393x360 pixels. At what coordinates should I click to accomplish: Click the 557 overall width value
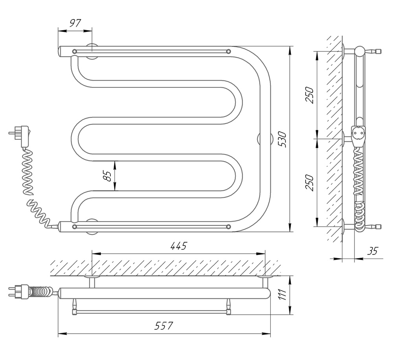coord(164,326)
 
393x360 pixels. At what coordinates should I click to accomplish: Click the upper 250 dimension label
coord(310,95)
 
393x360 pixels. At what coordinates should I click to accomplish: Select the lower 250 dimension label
coord(310,182)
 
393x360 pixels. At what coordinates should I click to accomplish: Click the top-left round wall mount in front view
coord(93,51)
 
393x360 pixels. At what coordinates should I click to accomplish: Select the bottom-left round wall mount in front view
coord(93,225)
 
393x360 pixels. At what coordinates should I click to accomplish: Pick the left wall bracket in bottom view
coord(93,281)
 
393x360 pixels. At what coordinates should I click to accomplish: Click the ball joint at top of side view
coord(360,51)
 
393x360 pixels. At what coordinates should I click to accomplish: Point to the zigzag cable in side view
coord(359,173)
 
